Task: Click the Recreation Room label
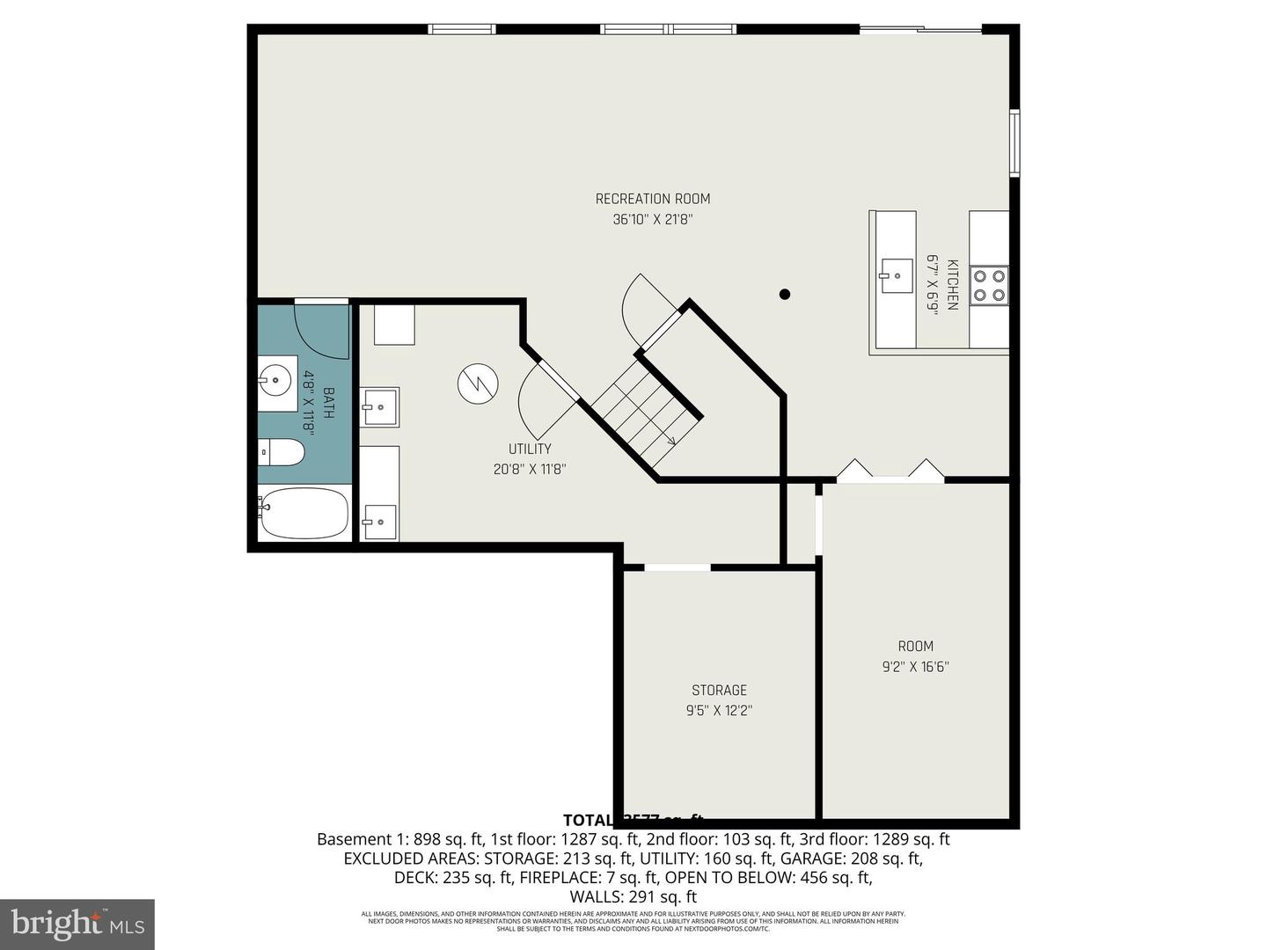coord(652,199)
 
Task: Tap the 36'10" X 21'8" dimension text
coord(652,220)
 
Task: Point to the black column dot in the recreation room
coord(785,295)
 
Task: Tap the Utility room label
coord(530,449)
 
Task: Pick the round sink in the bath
coord(277,382)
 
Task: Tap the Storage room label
coord(719,691)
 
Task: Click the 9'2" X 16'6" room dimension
coord(915,667)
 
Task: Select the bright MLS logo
coord(77,924)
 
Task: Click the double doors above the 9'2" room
coord(890,471)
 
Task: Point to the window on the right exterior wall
coord(1014,142)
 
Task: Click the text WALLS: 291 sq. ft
coord(633,897)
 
